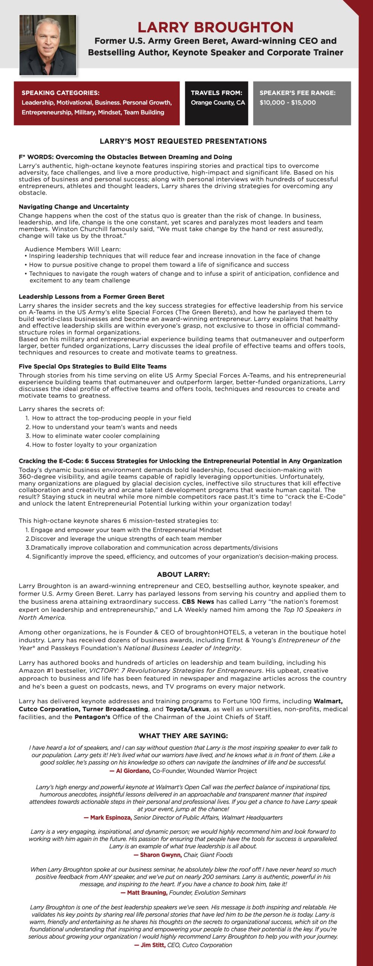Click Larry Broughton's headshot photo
point(48,45)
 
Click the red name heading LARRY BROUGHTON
point(215,27)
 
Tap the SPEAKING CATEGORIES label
point(60,93)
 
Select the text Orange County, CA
point(218,103)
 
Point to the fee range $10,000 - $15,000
point(287,103)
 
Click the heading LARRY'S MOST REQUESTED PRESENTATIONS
point(183,142)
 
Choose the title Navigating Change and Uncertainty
point(74,207)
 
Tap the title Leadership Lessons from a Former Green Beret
point(92,297)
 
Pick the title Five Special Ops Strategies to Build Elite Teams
point(93,366)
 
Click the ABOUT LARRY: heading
point(183,575)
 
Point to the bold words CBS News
point(198,602)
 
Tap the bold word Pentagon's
point(92,717)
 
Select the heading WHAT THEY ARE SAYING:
point(183,736)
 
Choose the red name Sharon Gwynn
point(161,855)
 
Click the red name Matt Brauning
point(147,892)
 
